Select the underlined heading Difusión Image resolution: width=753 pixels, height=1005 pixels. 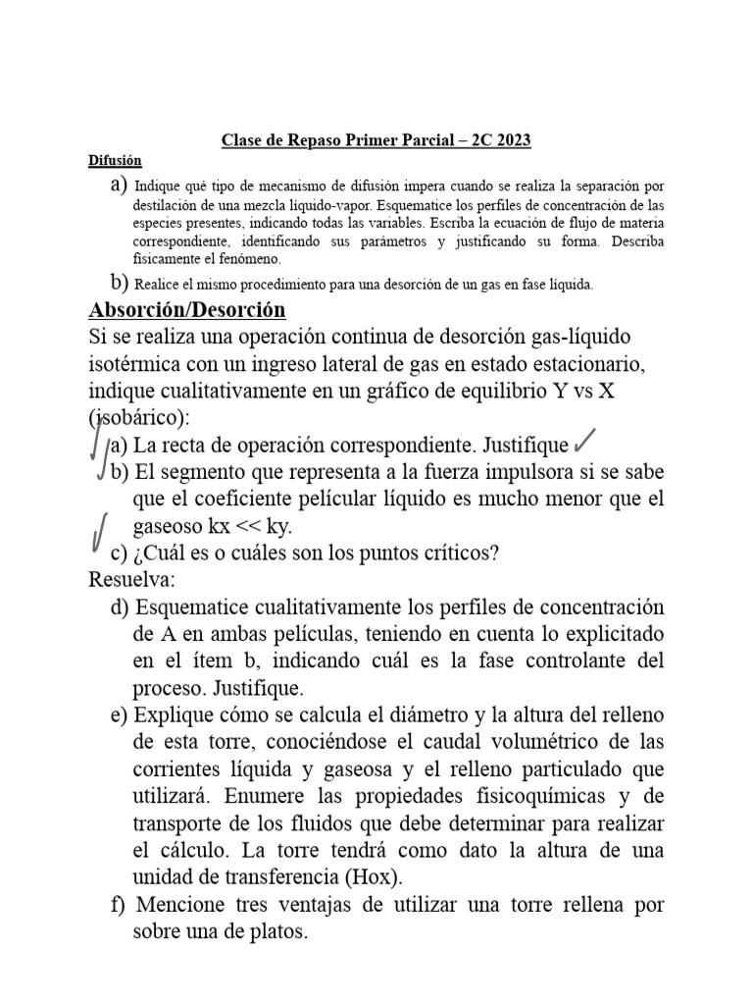pyautogui.click(x=115, y=160)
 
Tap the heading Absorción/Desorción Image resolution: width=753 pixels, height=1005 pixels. pyautogui.click(x=186, y=311)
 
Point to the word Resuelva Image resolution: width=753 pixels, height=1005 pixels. pyautogui.click(x=130, y=580)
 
